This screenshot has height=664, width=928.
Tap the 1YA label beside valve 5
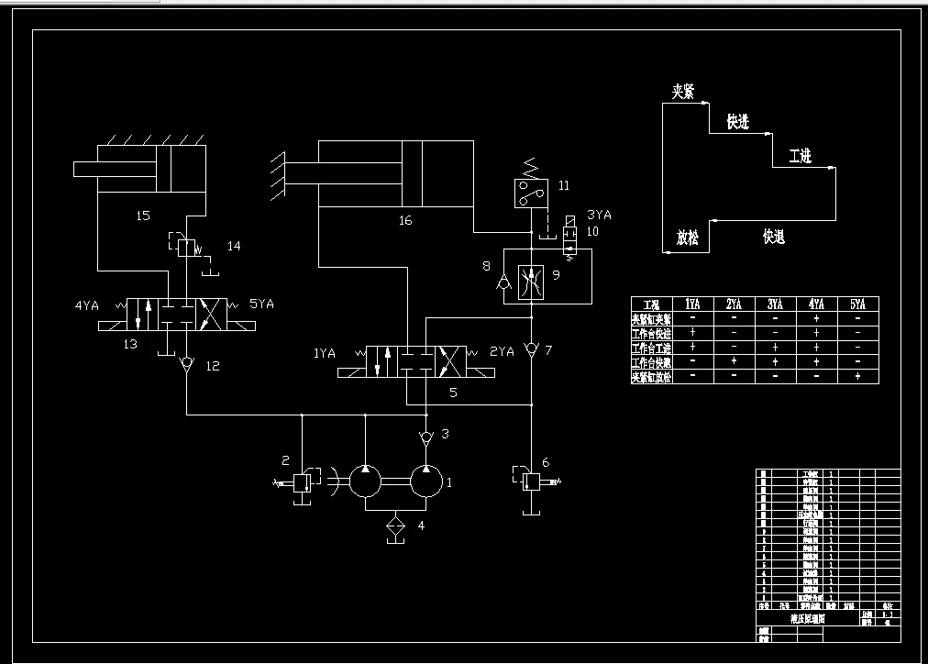coord(325,352)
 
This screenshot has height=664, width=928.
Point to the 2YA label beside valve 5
coord(502,352)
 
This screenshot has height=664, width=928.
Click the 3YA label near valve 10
coord(598,215)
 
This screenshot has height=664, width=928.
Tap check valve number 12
coord(187,365)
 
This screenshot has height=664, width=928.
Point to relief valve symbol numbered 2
coord(302,481)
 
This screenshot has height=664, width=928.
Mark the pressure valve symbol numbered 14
coord(187,246)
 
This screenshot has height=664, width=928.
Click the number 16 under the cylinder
coord(405,220)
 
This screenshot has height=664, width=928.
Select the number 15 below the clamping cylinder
coord(142,216)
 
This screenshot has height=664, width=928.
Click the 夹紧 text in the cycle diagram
coord(683,92)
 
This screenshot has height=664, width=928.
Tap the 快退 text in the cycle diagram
coord(773,238)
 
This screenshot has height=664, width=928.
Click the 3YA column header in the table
coord(775,304)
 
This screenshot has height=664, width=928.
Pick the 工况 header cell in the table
coord(652,304)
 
